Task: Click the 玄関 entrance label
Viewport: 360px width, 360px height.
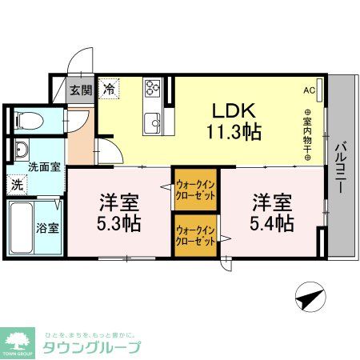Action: point(80,90)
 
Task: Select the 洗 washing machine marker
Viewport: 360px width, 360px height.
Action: point(18,184)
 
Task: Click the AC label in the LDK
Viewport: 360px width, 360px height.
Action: point(309,90)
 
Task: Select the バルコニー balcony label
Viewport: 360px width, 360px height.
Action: point(340,168)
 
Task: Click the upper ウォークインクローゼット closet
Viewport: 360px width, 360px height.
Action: point(194,187)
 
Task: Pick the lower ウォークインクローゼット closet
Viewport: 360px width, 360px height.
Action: point(194,234)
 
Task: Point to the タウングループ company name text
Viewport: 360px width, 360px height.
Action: point(92,348)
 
